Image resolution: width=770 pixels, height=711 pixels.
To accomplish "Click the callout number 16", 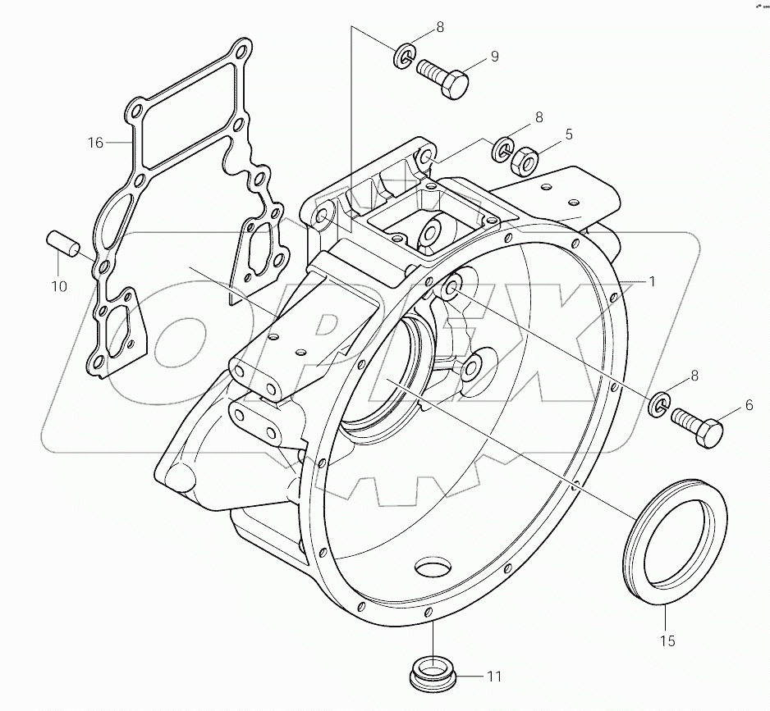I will coord(95,143).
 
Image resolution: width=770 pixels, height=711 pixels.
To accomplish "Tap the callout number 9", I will coord(494,56).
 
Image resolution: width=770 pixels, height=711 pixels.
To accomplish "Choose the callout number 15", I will coord(667,641).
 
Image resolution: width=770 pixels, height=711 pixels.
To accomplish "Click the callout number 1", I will coord(652,281).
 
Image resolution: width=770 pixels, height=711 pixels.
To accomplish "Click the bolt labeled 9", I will coord(444,78).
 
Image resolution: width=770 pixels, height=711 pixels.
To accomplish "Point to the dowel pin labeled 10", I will coord(62,245).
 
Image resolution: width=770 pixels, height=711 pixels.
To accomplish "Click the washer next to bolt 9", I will coord(403,57).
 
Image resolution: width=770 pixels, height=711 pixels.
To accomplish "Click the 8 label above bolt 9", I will coord(440,27).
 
